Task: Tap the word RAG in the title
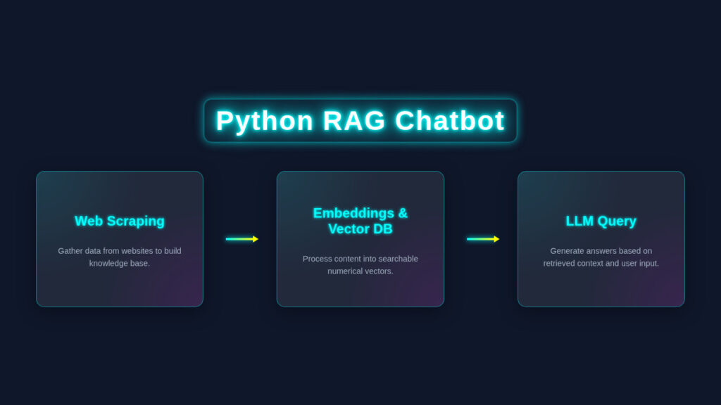[354, 121]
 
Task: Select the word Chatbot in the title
[450, 121]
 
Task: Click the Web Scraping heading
[120, 221]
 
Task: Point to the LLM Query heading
[601, 221]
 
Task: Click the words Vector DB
[360, 229]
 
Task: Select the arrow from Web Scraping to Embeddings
[242, 239]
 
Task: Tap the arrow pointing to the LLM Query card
[482, 239]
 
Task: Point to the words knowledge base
[120, 263]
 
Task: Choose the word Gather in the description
[71, 250]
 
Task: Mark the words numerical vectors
[360, 271]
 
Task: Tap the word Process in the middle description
[317, 259]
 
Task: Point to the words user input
[639, 263]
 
